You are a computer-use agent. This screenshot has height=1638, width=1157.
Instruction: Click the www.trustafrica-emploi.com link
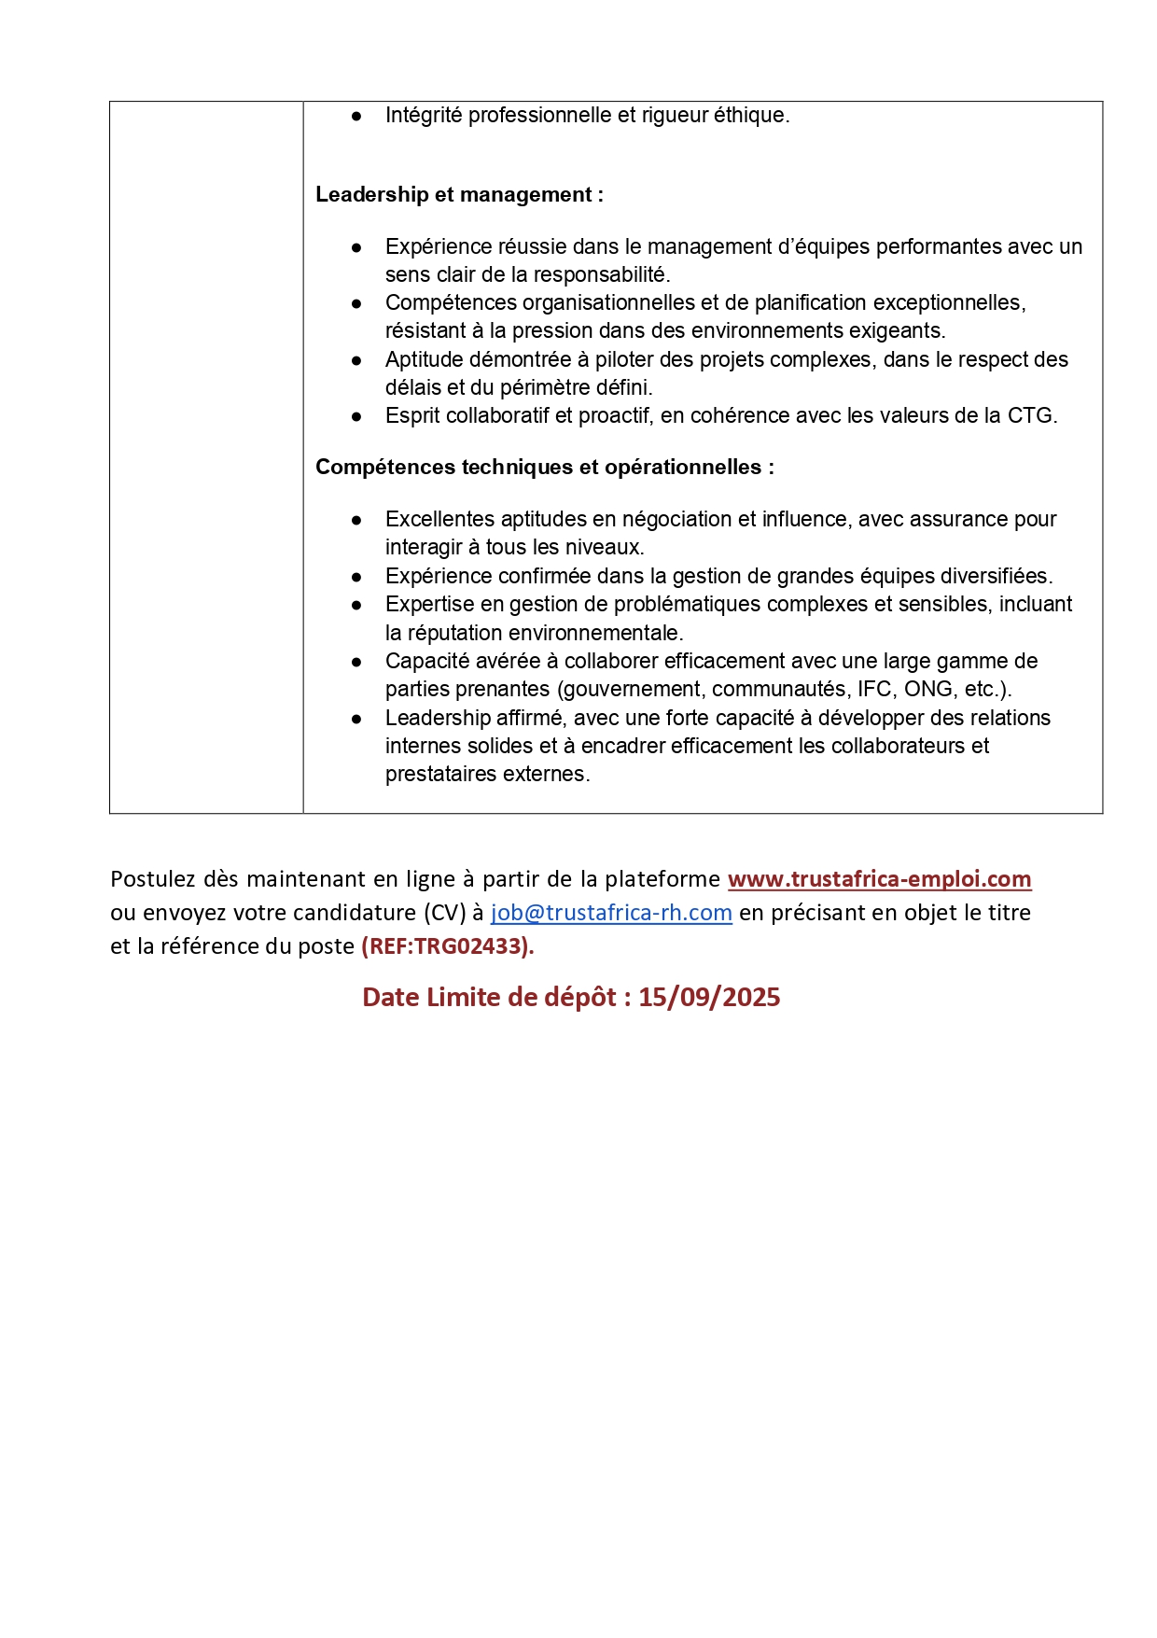(x=879, y=879)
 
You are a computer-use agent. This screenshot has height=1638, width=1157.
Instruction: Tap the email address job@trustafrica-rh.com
(x=611, y=913)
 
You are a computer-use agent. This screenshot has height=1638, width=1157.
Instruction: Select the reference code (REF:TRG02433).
(x=447, y=946)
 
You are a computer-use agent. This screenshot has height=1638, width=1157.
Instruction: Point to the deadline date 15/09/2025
(x=709, y=998)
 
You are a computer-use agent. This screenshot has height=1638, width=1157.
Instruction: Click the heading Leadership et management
(x=459, y=195)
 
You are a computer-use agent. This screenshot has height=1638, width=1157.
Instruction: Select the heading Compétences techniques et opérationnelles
(x=544, y=468)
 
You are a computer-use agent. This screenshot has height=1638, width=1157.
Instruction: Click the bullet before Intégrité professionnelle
(x=356, y=116)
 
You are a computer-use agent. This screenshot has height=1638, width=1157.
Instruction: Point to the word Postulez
(x=153, y=879)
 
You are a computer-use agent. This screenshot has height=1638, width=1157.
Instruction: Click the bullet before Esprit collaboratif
(x=356, y=416)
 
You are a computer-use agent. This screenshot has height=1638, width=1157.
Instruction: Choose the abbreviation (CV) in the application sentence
(x=445, y=913)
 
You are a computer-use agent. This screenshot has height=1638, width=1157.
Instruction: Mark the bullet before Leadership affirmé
(x=356, y=719)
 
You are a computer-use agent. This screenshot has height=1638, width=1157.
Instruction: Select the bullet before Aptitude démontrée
(x=356, y=360)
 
